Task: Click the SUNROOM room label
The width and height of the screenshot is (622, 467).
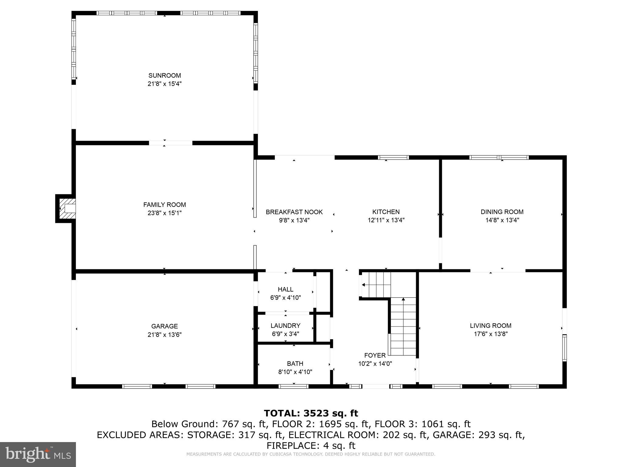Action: coord(165,75)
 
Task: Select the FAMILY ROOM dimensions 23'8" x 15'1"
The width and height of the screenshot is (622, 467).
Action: coord(165,213)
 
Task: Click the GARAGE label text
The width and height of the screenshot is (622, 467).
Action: coord(165,326)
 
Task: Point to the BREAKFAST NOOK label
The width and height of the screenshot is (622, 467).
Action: coord(294,212)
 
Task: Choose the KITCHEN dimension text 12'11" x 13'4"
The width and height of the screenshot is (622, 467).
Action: coord(386,220)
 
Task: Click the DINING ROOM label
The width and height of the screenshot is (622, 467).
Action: coord(502,212)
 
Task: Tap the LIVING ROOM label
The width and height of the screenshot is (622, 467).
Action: coord(490,326)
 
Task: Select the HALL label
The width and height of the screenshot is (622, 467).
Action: coord(285,289)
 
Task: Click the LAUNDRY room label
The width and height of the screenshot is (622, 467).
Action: coord(285,326)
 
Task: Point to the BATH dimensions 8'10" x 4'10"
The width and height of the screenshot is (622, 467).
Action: coord(295,372)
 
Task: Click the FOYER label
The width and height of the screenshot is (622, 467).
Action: coord(375,355)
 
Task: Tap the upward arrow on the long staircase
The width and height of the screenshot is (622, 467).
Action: coord(403,299)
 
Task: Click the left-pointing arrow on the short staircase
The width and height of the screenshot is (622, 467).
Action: coord(363,285)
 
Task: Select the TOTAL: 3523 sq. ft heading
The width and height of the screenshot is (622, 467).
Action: coord(311,413)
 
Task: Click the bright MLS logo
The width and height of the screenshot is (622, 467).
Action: coord(38,454)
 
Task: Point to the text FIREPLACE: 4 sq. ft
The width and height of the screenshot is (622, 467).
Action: coord(311,446)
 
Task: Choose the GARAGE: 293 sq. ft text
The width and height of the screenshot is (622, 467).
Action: coord(478,435)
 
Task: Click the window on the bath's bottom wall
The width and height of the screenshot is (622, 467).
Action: coord(294,386)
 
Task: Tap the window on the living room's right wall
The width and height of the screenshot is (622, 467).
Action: coord(564,348)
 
